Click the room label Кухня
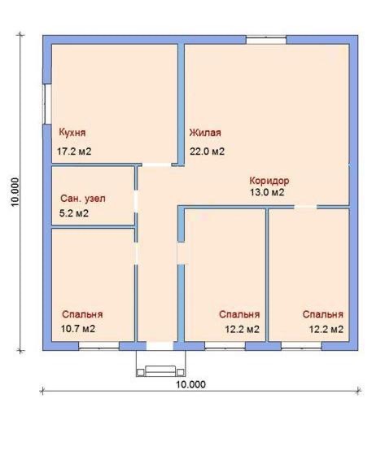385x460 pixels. point(72,133)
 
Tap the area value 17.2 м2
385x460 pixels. point(74,151)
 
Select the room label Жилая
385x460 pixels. point(205,133)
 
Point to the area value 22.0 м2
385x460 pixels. point(207,151)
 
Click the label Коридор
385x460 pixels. point(269,181)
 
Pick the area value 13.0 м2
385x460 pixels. point(267,192)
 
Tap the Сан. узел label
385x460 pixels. point(83,199)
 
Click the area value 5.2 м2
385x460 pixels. point(74,213)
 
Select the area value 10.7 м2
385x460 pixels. point(78,329)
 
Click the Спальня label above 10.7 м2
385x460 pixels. point(82,314)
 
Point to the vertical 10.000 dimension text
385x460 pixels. point(15,192)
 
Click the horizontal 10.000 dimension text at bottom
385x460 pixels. point(191,384)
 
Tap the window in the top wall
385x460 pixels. point(266,40)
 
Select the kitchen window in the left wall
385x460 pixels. point(47,104)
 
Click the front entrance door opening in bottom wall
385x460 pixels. point(160,346)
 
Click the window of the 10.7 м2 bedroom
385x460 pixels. point(98,346)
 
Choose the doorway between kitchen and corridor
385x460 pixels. point(156,165)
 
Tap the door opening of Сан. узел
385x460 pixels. point(136,201)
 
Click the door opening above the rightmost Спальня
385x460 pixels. point(305,207)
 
